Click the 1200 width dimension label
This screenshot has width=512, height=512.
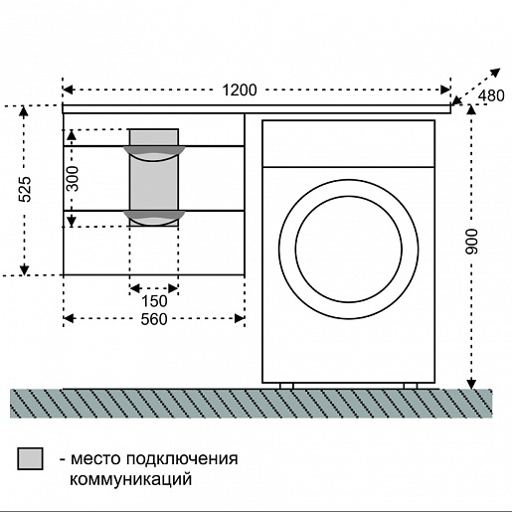pos(239,90)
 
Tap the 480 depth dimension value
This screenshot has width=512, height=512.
pos(491,96)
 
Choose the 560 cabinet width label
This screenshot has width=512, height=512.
pos(153,319)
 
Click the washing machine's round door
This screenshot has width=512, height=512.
pos(348,247)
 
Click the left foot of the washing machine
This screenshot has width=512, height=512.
pos(286,385)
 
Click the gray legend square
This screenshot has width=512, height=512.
pos(31,458)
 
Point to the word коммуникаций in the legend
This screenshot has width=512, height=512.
pos(129,479)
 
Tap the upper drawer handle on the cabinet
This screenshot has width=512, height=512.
pos(154,151)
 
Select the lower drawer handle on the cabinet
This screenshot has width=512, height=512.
pos(154,216)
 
